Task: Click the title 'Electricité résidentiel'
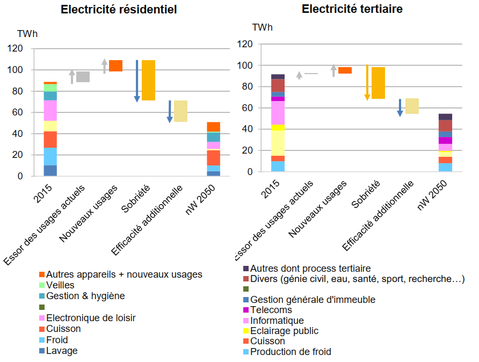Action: click(118, 10)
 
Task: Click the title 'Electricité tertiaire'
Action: click(352, 9)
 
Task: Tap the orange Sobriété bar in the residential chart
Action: click(148, 80)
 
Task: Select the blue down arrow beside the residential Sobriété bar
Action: click(137, 81)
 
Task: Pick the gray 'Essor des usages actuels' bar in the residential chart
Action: click(83, 77)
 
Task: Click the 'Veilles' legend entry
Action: click(60, 285)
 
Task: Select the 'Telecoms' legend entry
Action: click(271, 310)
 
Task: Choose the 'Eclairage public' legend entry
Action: click(284, 331)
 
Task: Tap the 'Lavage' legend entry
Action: click(62, 351)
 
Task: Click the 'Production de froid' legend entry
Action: click(291, 352)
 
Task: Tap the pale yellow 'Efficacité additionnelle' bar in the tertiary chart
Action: click(412, 106)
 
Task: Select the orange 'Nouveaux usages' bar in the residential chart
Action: click(115, 66)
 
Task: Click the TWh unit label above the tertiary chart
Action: click(262, 27)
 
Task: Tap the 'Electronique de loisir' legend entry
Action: click(91, 318)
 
